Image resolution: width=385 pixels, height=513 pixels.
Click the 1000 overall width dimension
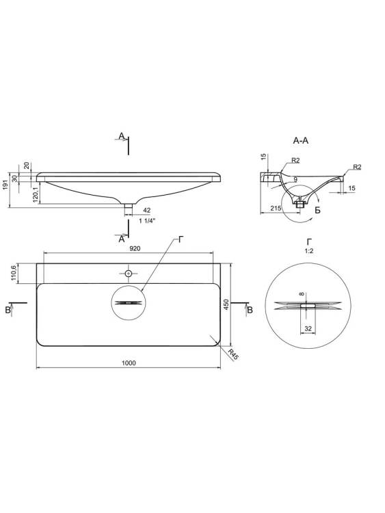[129, 363]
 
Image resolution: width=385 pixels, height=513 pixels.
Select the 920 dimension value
[135, 249]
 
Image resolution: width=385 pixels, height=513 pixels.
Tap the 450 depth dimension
[226, 304]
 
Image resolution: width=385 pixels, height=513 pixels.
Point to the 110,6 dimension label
[14, 273]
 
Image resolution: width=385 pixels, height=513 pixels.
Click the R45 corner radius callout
[233, 354]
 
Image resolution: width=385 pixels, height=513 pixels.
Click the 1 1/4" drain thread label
[147, 221]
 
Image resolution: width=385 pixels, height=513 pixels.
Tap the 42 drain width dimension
[147, 210]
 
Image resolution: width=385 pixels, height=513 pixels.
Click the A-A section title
[301, 141]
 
